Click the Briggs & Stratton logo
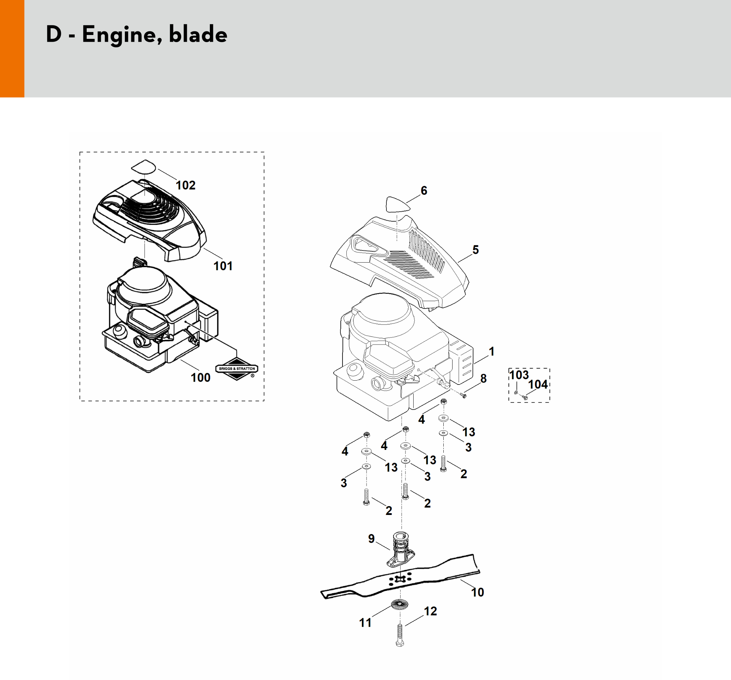tap(236, 369)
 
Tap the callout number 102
tap(186, 185)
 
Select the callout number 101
tap(223, 266)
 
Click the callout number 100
tap(200, 377)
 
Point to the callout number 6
tap(424, 190)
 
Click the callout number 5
tap(476, 250)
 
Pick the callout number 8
tap(483, 379)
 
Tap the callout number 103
tap(518, 375)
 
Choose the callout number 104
tap(538, 384)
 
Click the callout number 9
tap(372, 539)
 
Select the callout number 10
tap(478, 592)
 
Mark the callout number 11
tap(365, 623)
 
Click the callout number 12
tap(430, 611)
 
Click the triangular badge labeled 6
tap(397, 204)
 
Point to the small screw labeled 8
tap(462, 395)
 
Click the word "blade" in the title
tap(198, 35)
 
